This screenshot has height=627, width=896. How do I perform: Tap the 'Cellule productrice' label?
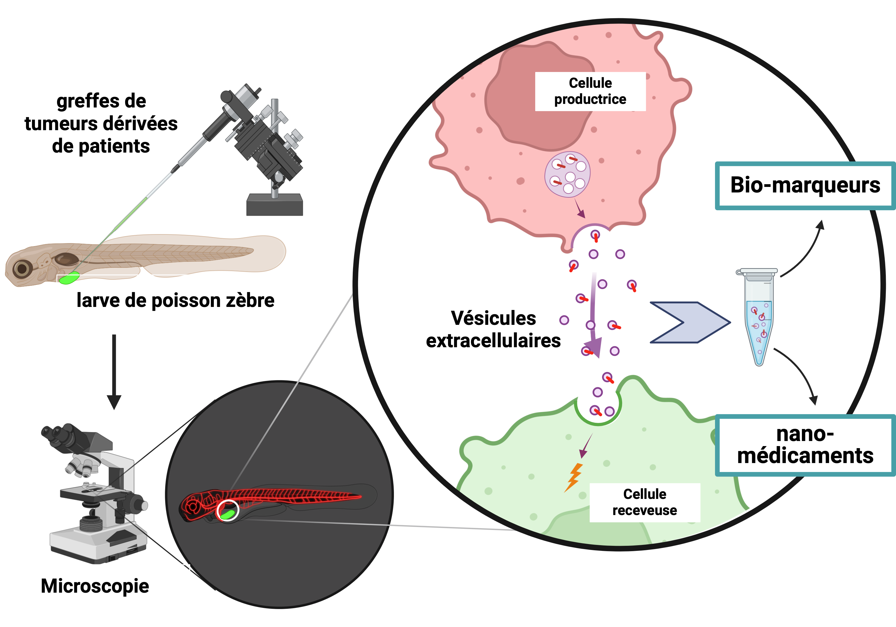tap(590, 91)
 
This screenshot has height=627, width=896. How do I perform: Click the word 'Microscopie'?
tap(95, 586)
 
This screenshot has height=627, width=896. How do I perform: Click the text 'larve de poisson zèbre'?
tap(175, 300)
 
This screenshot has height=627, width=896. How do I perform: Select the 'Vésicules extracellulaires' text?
tap(493, 329)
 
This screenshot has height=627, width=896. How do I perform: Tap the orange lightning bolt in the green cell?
tap(574, 477)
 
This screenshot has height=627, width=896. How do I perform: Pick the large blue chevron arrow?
tap(690, 322)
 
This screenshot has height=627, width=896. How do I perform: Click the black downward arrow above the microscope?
tap(114, 371)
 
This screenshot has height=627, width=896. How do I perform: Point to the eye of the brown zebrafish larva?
tap(22, 268)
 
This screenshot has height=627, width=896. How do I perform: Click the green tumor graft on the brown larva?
tap(70, 278)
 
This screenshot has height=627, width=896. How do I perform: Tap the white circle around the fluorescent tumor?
tap(228, 511)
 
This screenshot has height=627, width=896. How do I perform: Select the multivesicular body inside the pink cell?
tap(567, 174)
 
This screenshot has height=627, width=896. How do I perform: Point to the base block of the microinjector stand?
tap(275, 205)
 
